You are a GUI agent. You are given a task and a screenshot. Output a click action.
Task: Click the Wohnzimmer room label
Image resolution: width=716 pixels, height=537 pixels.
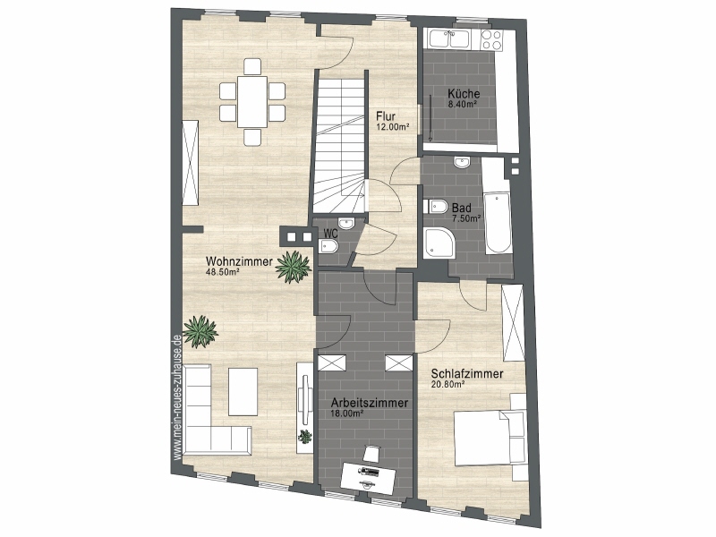tap(239, 261)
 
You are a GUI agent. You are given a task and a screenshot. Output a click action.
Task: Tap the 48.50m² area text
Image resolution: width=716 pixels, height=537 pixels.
tap(223, 272)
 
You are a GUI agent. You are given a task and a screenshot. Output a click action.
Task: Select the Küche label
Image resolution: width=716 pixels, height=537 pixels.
tap(464, 94)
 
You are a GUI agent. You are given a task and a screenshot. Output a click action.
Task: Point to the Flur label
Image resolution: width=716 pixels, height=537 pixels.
tap(386, 116)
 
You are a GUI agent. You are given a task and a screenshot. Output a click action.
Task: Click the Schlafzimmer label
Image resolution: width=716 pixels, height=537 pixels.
tap(467, 374)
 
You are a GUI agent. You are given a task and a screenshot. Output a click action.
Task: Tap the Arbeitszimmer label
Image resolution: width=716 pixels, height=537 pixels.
tap(370, 404)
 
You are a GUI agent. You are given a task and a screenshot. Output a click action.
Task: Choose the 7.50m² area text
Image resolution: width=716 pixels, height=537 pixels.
tap(465, 218)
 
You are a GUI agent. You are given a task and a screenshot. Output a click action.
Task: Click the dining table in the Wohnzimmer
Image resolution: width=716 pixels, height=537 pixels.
tap(252, 102)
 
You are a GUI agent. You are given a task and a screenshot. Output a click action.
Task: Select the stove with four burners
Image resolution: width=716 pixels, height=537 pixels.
tap(491, 38)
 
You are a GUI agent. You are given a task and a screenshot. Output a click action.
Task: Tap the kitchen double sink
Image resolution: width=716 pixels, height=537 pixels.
tap(450, 38)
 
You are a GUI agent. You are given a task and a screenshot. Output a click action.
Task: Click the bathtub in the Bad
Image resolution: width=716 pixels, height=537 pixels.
tap(498, 222)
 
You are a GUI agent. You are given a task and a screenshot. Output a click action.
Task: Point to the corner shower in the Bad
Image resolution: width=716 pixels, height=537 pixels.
tap(439, 243)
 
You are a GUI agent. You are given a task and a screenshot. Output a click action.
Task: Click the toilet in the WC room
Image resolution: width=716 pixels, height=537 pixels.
tap(328, 247)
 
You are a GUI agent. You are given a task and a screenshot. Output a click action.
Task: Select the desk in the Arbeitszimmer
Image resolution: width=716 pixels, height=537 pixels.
tap(368, 478)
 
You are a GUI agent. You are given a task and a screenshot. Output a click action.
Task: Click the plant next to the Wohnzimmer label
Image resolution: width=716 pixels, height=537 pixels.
tap(293, 267)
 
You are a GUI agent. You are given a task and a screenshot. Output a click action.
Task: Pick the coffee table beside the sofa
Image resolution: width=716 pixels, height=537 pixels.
tap(243, 391)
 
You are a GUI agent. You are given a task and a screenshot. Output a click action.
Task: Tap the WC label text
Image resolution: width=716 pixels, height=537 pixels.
tap(330, 233)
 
